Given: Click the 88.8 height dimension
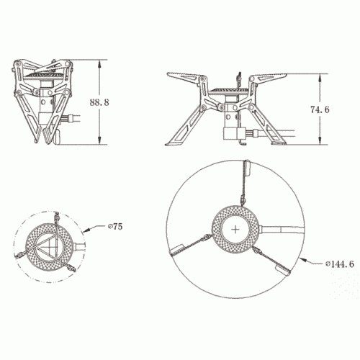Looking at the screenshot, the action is coord(99,102).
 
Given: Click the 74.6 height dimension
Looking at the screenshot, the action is coord(320,109).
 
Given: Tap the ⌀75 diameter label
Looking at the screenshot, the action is coord(115,227).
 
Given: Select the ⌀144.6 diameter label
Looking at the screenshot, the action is coord(340,264).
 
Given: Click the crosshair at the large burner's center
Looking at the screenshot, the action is coord(236,230).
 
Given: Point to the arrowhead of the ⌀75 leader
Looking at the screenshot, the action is coord(86,230).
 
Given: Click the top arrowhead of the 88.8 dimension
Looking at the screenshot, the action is coord(99,63).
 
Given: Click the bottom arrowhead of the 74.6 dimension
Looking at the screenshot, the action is coord(320,141).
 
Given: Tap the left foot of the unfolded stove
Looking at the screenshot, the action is coord(171,143).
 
